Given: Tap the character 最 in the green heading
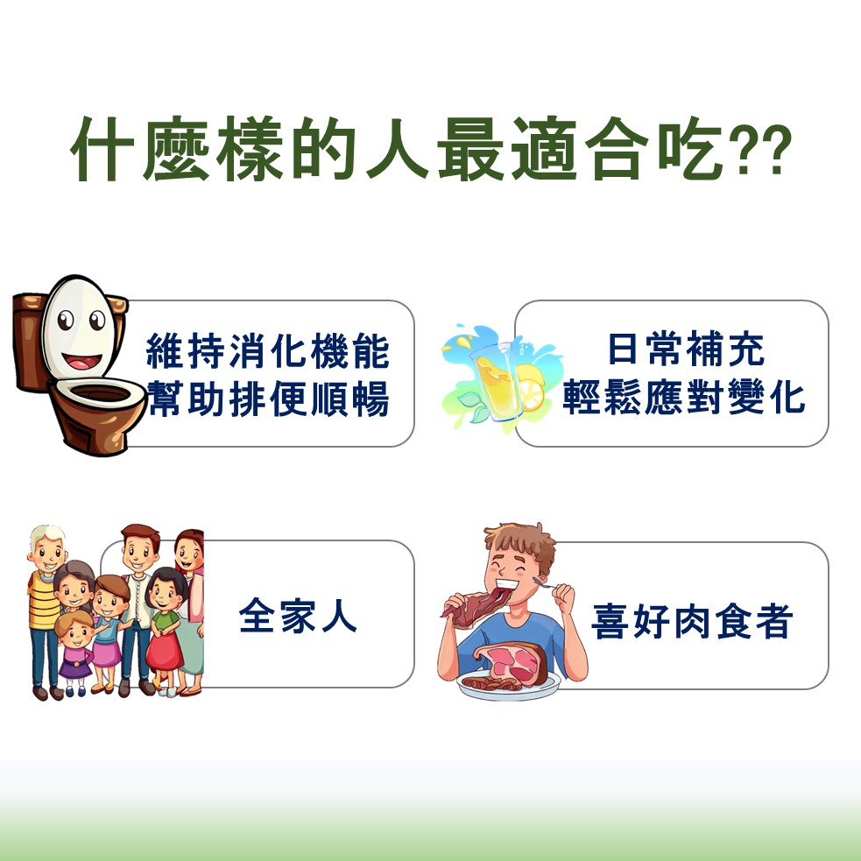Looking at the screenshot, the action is coord(470,148).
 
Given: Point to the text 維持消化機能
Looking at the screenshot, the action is coord(268,351).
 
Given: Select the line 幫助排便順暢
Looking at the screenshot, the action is coord(268,399).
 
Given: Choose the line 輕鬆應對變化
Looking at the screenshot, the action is coord(684,397).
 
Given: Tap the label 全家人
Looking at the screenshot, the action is coord(298,616).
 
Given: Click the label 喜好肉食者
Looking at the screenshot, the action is coord(692,621).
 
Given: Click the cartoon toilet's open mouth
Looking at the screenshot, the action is coord(82,363).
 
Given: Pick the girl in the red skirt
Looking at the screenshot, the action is coord(164,632).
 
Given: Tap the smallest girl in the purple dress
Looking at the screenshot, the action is coord(75,653).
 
